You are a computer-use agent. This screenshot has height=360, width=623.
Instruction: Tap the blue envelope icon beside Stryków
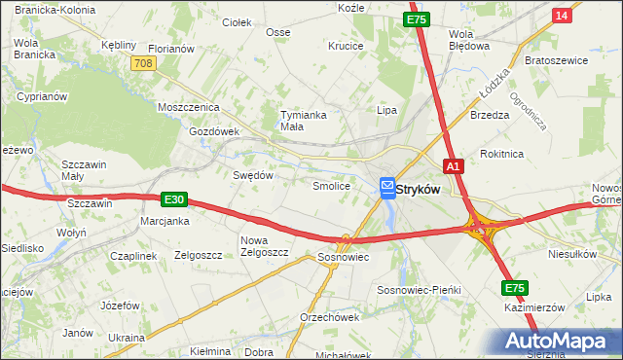[386, 185]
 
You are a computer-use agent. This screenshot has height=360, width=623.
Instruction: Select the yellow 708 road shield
[143, 62]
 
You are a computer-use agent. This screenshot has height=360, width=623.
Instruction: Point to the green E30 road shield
[173, 199]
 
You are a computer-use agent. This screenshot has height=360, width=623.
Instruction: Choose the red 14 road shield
[561, 16]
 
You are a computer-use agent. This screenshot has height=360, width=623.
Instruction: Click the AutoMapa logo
[559, 341]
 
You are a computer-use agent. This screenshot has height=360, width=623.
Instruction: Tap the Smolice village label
[330, 185]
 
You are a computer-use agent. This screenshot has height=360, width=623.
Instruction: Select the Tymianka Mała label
[304, 120]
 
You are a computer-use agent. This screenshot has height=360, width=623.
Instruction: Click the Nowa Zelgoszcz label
[265, 246]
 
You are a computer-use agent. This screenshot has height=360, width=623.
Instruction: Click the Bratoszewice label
[556, 59]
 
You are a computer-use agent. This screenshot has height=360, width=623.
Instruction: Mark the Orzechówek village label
[330, 317]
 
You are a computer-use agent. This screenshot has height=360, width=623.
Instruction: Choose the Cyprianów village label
[41, 97]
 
